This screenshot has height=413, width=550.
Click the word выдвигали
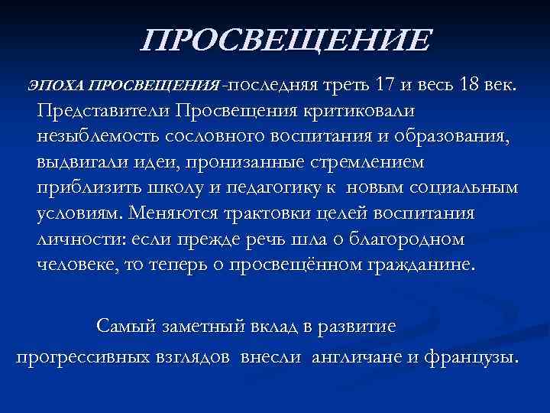click(76, 161)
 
